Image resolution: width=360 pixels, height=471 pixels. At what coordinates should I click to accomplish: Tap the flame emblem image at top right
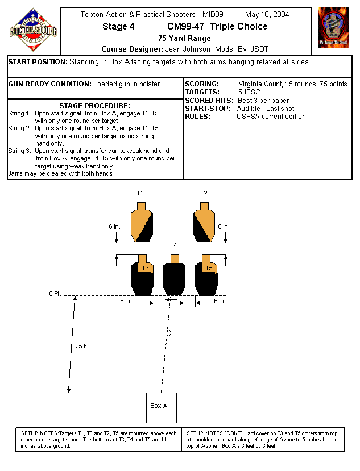[x=333, y=27]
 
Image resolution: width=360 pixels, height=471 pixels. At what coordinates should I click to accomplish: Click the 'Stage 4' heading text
[x=118, y=27]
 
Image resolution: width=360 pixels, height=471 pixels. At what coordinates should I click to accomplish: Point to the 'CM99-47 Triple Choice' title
[x=217, y=27]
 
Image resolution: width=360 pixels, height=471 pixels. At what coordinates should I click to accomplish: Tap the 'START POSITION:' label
[x=38, y=61]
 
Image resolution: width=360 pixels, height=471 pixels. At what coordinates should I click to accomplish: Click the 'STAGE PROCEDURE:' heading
[x=95, y=106]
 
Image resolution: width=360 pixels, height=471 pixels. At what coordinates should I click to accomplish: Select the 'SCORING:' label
[x=202, y=84]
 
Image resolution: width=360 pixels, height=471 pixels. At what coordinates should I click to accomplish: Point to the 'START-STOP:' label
[x=208, y=108]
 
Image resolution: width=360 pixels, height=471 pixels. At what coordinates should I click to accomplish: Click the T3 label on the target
[x=146, y=267]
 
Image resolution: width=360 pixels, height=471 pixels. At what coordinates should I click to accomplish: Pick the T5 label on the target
[x=209, y=267]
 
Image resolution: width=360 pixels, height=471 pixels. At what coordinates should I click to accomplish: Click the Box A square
[x=161, y=407]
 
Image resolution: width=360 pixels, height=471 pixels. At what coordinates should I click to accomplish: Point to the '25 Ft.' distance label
[x=83, y=346]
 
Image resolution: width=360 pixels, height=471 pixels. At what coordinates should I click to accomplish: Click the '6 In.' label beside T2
[x=224, y=226]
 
